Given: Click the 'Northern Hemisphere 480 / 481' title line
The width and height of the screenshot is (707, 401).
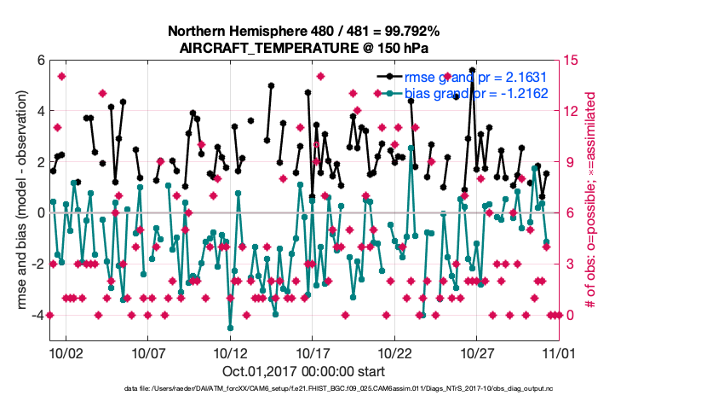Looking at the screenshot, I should pos(304,32).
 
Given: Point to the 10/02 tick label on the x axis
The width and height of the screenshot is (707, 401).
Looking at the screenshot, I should pos(66,352).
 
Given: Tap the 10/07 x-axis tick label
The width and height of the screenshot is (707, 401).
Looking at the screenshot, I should pos(148,352).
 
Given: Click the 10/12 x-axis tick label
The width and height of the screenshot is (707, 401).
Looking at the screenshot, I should pos(230,352).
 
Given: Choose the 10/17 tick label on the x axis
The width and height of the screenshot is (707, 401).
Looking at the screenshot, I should pos(313,352).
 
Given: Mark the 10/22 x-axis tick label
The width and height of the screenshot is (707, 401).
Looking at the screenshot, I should pos(395,352).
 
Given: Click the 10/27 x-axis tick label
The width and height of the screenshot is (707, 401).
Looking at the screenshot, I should pos(477,352).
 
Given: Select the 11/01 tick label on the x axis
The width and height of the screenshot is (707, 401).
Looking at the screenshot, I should pos(560,352).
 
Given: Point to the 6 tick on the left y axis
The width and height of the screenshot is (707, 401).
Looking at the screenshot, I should pos(40,60).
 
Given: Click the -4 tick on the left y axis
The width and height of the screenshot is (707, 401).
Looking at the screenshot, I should pos(37,315).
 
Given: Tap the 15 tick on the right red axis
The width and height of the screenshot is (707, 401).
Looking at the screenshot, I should pos(573,60).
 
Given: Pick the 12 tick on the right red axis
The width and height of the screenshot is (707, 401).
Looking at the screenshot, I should pos(573,111).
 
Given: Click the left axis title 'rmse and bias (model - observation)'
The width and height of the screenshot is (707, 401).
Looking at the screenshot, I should pos(18,200).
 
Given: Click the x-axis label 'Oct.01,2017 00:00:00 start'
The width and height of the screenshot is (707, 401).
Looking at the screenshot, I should pos(304,372).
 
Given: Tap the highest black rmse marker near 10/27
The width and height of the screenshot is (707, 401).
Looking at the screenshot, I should pos(473,95).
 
